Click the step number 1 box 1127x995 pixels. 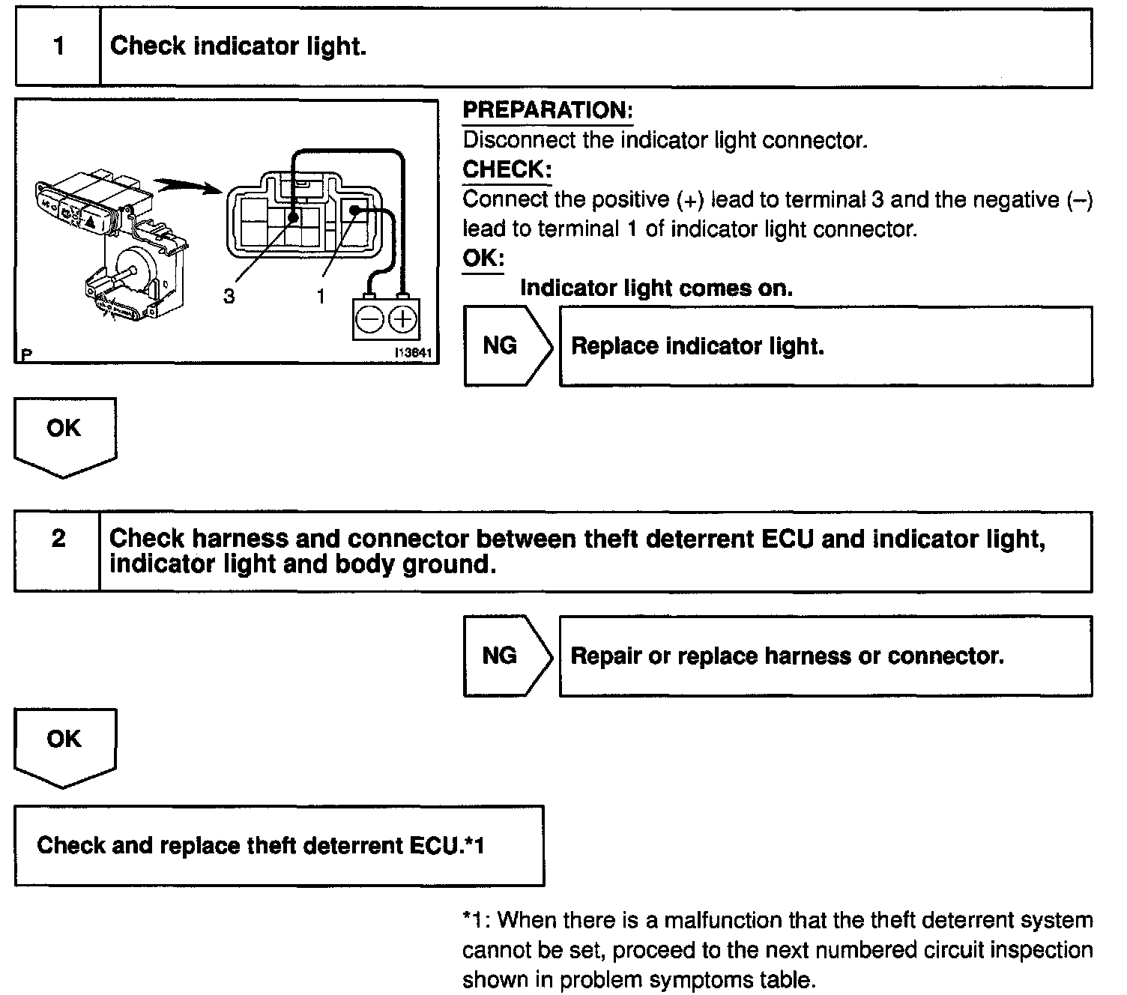click(x=58, y=46)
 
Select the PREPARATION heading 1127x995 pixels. click(x=548, y=110)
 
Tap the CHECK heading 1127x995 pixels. click(x=507, y=169)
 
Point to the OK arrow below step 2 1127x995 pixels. click(x=64, y=746)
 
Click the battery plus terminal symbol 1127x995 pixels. click(x=403, y=320)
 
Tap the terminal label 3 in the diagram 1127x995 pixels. click(x=229, y=297)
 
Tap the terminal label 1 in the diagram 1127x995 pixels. click(x=321, y=297)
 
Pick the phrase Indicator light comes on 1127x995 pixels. click(x=656, y=288)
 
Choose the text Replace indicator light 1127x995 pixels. click(x=697, y=346)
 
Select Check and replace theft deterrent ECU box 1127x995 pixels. click(x=279, y=845)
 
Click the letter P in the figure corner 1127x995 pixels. click(x=26, y=354)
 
